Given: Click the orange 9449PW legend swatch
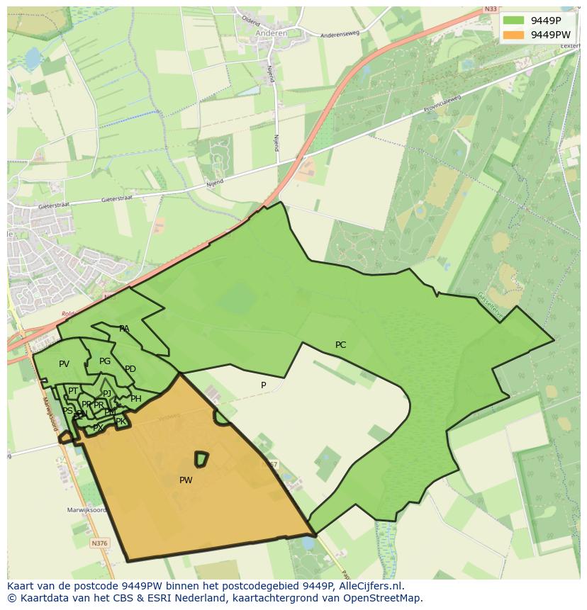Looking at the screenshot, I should pyautogui.click(x=515, y=35).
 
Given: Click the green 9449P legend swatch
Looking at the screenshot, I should pyautogui.click(x=515, y=20).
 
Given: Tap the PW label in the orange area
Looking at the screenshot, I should pyautogui.click(x=186, y=480).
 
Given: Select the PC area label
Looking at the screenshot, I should pyautogui.click(x=340, y=345).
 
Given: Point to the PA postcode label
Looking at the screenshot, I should pyautogui.click(x=124, y=329).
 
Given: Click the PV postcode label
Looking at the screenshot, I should pyautogui.click(x=64, y=364).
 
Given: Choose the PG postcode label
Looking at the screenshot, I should pyautogui.click(x=105, y=361).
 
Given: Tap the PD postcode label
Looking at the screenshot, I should pyautogui.click(x=130, y=369).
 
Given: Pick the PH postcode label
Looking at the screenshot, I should pyautogui.click(x=136, y=399).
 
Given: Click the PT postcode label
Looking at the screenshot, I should pyautogui.click(x=73, y=391).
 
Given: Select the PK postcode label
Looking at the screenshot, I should pyautogui.click(x=121, y=422).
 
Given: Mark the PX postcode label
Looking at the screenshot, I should pyautogui.click(x=98, y=427).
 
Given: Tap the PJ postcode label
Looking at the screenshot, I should pyautogui.click(x=107, y=393).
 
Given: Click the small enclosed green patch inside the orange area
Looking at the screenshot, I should pyautogui.click(x=201, y=459).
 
